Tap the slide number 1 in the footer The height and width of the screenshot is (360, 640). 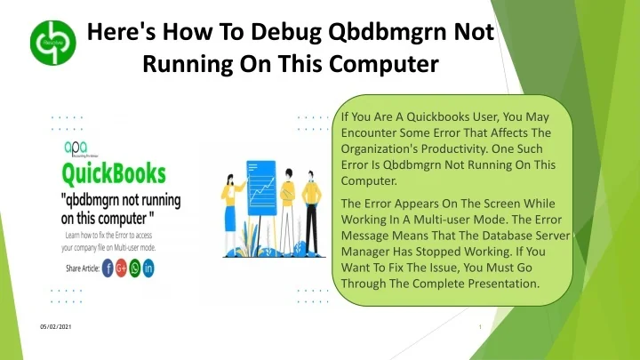pos(479,327)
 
